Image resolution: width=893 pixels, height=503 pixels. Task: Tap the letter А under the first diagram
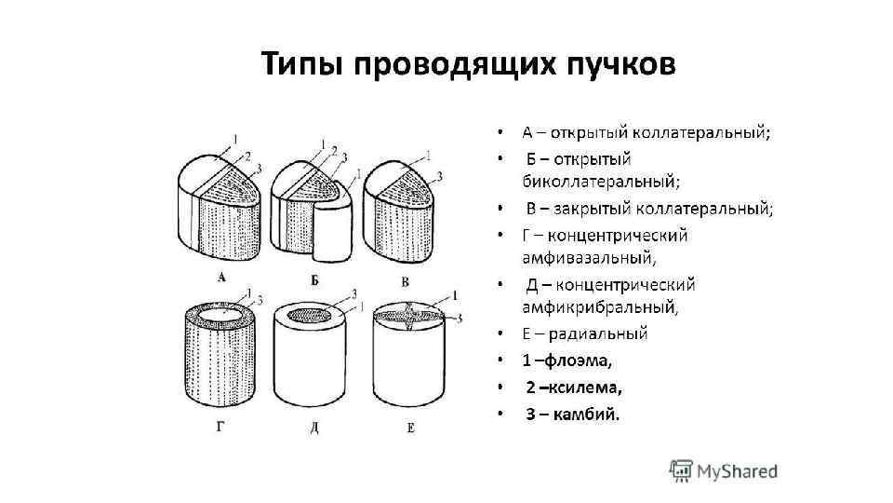tap(221, 277)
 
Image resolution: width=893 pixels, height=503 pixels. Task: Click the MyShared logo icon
tap(683, 469)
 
